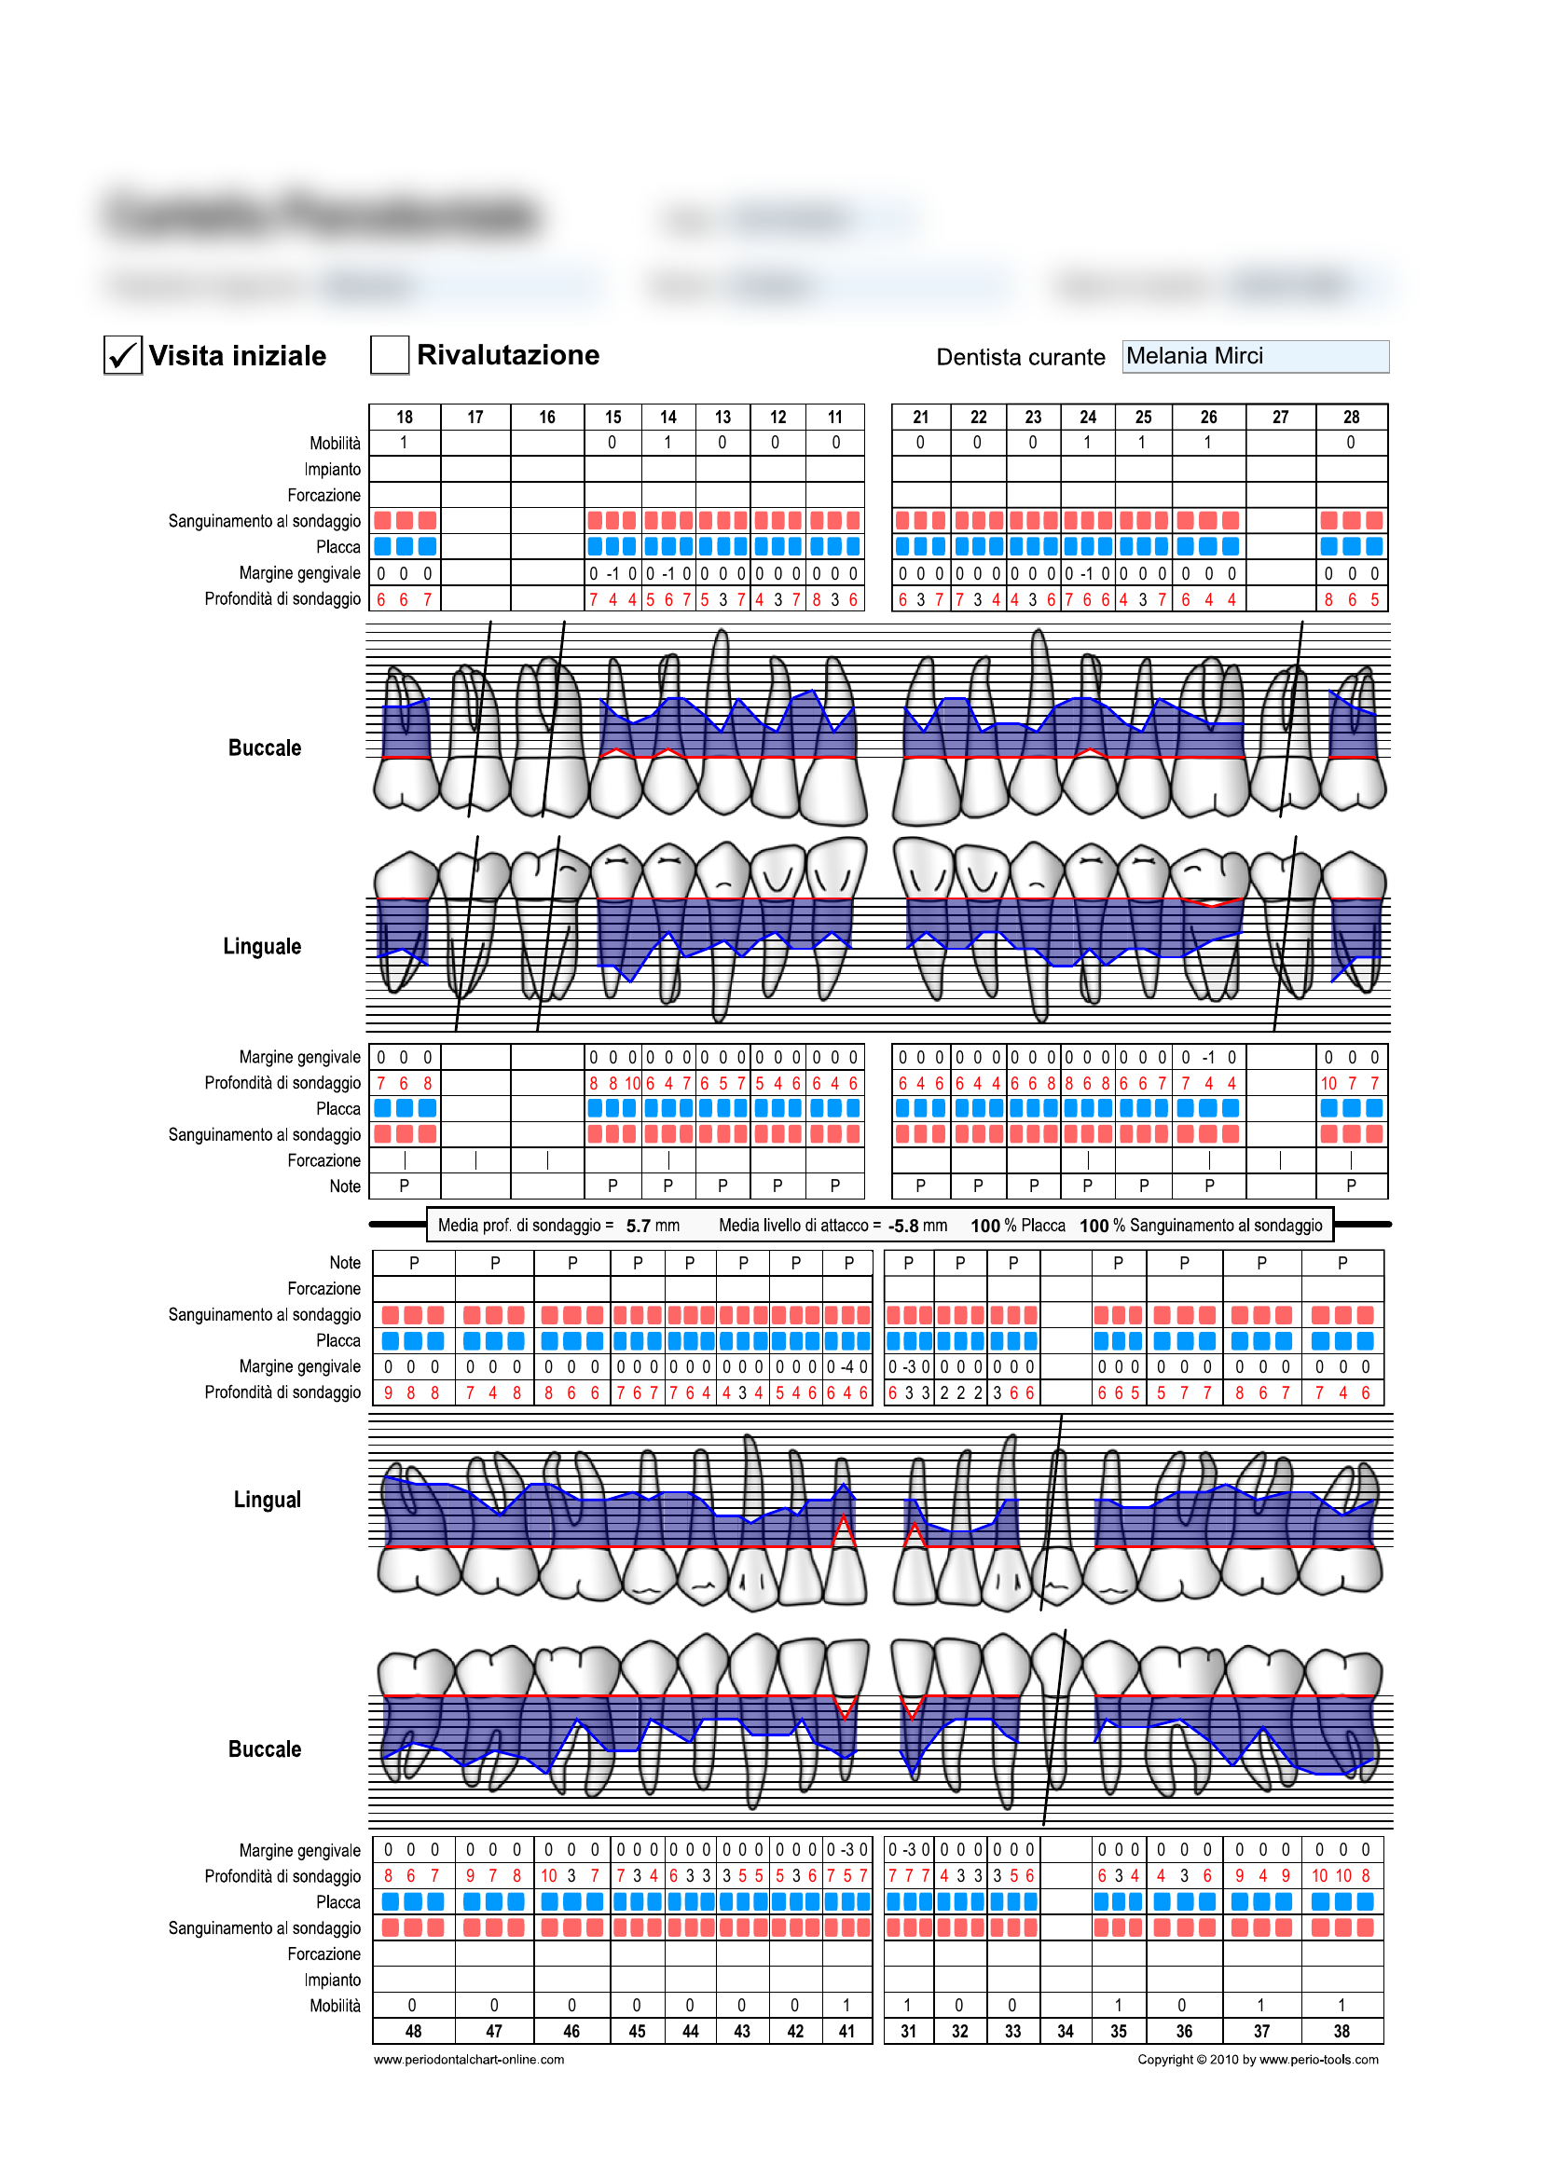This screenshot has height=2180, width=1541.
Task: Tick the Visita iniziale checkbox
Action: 122,355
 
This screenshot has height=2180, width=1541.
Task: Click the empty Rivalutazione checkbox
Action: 390,354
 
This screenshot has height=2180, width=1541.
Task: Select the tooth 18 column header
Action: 405,417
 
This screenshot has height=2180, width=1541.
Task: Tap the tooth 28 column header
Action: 1350,417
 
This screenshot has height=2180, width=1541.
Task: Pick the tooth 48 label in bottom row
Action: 413,2031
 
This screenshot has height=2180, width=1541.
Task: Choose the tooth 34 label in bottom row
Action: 1066,2031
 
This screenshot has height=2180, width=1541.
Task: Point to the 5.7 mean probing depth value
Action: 638,1226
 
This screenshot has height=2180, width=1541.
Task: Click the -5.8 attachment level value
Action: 903,1226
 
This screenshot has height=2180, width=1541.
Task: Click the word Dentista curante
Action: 1020,357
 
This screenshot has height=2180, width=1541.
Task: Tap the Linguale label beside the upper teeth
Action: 262,946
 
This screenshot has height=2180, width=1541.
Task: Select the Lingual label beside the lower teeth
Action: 267,1500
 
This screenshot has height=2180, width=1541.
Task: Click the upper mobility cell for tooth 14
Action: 667,443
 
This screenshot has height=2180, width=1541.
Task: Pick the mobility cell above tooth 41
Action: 846,2005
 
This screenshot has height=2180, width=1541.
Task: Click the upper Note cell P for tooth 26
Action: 1209,1185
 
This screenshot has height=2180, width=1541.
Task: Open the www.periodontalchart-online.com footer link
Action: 468,2060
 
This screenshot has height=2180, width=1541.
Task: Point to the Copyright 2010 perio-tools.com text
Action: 1257,2060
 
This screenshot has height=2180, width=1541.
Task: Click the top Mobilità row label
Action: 335,444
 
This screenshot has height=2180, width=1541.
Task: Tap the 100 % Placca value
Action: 1017,1226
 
